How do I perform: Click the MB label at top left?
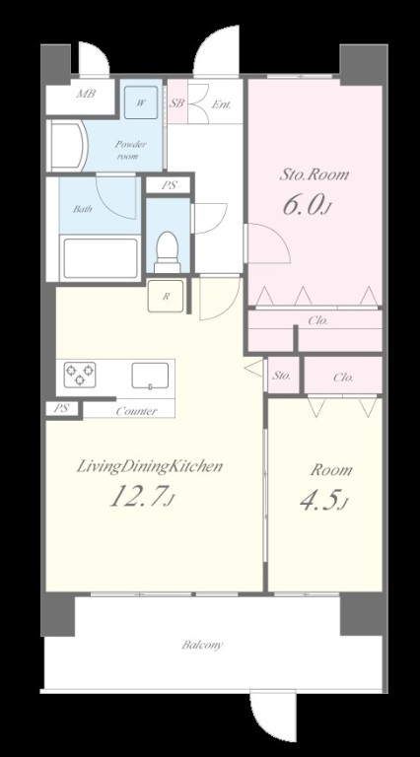click(x=86, y=94)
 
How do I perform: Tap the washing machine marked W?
click(x=141, y=103)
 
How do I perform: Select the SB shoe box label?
click(x=177, y=103)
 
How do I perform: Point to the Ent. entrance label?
click(x=222, y=104)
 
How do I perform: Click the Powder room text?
click(x=130, y=150)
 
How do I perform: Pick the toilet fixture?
click(x=168, y=252)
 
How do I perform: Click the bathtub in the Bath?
click(x=101, y=258)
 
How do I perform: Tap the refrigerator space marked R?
click(x=166, y=296)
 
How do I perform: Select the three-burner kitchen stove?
click(x=80, y=375)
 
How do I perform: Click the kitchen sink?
click(x=150, y=376)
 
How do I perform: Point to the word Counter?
click(x=137, y=411)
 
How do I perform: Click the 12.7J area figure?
click(x=141, y=496)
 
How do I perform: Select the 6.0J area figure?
click(x=307, y=206)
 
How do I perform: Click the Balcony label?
click(x=203, y=645)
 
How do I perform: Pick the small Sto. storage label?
click(x=281, y=376)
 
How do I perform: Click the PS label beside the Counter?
click(x=61, y=408)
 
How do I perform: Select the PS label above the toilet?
click(x=170, y=185)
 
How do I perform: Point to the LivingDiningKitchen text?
click(x=150, y=467)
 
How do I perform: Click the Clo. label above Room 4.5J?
click(x=343, y=378)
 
